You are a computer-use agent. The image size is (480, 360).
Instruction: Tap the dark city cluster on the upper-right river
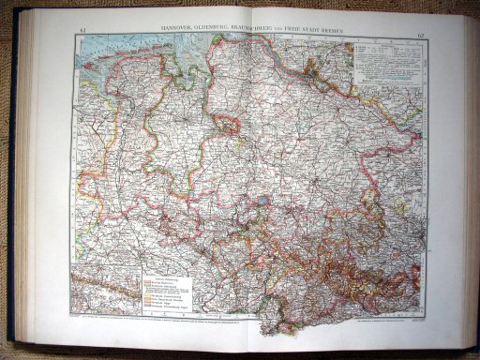tap(312, 67)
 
